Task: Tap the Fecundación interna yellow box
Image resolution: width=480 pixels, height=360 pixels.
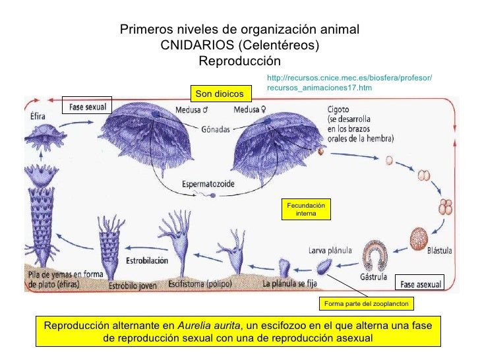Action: (x=305, y=210)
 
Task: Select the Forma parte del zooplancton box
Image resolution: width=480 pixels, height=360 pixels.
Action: (x=365, y=303)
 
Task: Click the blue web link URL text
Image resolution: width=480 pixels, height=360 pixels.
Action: (x=349, y=83)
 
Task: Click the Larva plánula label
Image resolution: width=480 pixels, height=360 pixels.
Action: (x=330, y=251)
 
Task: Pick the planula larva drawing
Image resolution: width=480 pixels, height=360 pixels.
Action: (x=324, y=268)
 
